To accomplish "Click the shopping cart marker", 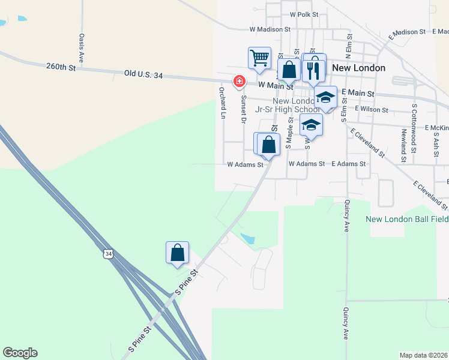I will (259, 58).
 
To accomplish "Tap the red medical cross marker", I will (239, 80).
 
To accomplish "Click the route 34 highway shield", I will (107, 254).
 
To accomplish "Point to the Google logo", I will (20, 353).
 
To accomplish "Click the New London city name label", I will (358, 68).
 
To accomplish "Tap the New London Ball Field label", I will (407, 219).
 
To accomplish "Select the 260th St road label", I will (61, 68).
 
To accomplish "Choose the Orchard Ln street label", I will (221, 103).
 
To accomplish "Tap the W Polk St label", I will (304, 14).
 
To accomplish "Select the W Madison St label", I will (270, 29).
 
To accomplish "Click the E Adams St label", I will (348, 164).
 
